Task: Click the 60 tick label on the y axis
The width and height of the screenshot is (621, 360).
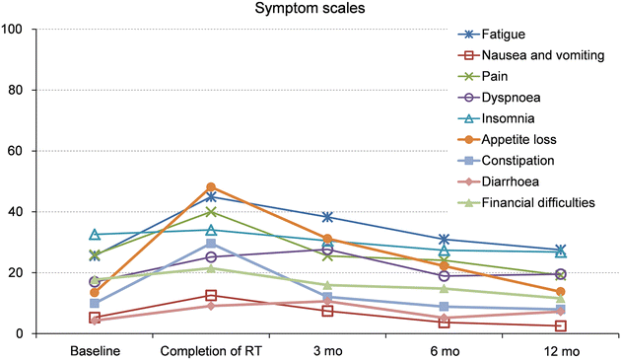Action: pyautogui.click(x=42, y=151)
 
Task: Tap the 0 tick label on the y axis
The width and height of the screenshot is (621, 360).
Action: pyautogui.click(x=46, y=333)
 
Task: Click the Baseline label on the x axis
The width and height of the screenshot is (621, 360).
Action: pyautogui.click(x=95, y=350)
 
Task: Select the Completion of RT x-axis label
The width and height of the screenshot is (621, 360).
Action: pyautogui.click(x=210, y=350)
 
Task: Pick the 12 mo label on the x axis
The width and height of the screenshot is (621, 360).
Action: pyautogui.click(x=560, y=350)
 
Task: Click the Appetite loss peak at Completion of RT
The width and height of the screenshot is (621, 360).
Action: pyautogui.click(x=210, y=187)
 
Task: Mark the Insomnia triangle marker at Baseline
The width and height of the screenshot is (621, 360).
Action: pyautogui.click(x=95, y=235)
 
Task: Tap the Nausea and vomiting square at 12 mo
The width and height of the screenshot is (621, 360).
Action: pyautogui.click(x=560, y=325)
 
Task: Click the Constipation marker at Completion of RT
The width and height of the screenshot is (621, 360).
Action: pyautogui.click(x=210, y=244)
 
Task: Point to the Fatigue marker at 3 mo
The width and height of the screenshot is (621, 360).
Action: pyautogui.click(x=327, y=217)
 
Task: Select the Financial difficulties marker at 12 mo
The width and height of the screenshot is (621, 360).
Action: pyautogui.click(x=560, y=298)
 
